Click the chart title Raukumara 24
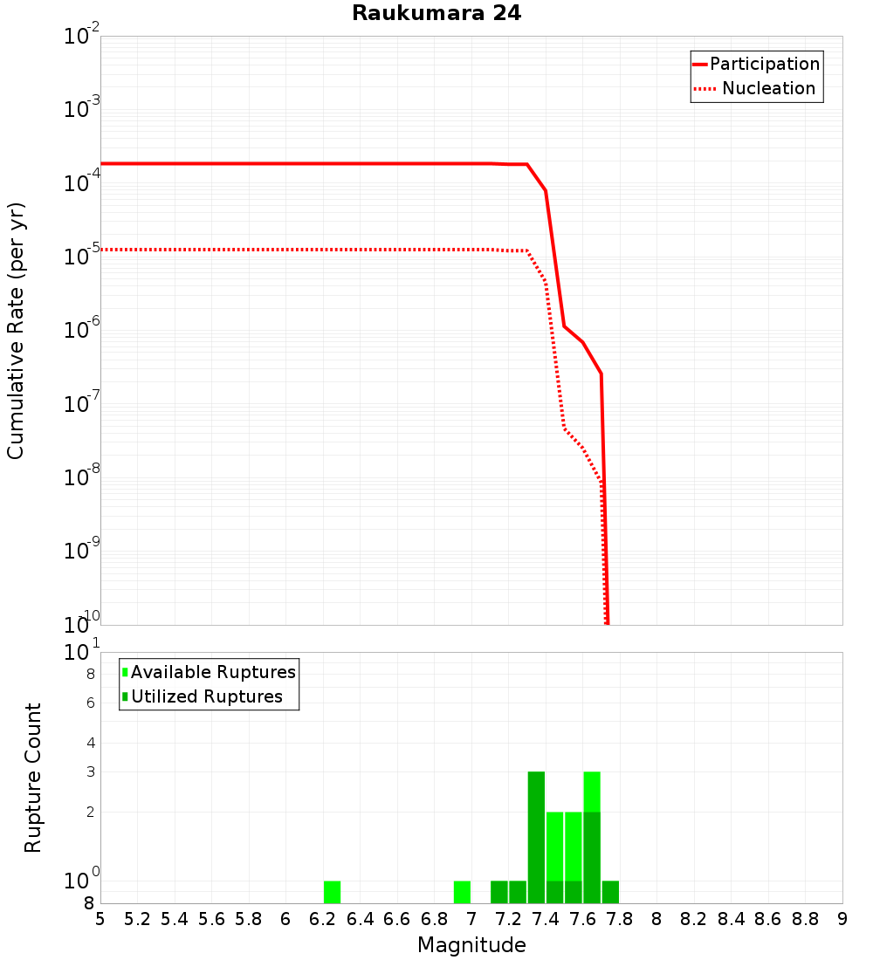436,14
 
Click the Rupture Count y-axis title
33,777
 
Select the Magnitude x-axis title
471,944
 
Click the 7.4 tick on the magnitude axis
546,919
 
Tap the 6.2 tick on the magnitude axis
323,919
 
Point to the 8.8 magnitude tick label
805,919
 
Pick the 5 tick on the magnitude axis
100,919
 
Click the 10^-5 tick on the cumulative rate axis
83,256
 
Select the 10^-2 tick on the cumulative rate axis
83,36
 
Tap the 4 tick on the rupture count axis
89,743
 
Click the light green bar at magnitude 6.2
332,892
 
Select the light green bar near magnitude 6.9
462,892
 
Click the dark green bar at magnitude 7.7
610,892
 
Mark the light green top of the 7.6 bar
592,792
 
